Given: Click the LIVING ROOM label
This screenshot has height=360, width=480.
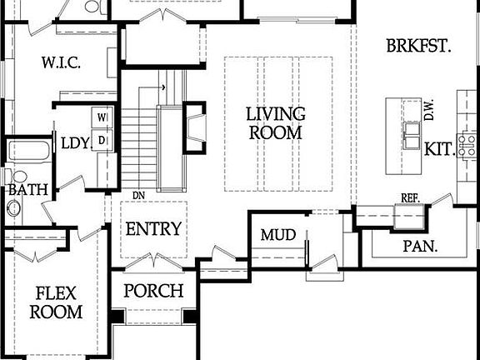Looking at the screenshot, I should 274,122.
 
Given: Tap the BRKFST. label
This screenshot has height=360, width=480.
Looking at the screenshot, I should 418,45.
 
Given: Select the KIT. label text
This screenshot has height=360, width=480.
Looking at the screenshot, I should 439,149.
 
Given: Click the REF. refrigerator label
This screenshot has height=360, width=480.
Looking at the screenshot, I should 409,198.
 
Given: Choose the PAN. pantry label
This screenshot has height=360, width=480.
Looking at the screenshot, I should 421,247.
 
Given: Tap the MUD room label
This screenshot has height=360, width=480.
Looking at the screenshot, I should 277,235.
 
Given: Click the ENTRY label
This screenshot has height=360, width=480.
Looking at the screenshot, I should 152,229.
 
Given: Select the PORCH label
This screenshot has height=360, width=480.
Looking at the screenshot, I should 153,291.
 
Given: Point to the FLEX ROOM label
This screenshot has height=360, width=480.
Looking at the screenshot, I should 57,302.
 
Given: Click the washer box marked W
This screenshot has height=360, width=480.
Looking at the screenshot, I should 102,117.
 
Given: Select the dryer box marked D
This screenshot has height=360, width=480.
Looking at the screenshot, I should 102,139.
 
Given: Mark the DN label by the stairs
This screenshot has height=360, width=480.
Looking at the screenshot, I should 139,196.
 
